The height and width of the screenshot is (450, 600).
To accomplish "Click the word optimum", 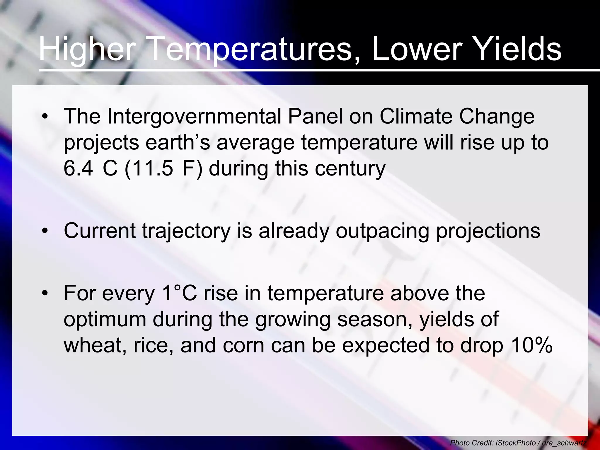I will [105, 319].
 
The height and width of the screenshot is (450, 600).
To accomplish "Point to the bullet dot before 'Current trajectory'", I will [45, 231].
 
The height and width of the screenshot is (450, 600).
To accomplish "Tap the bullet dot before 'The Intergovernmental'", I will [45, 117].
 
